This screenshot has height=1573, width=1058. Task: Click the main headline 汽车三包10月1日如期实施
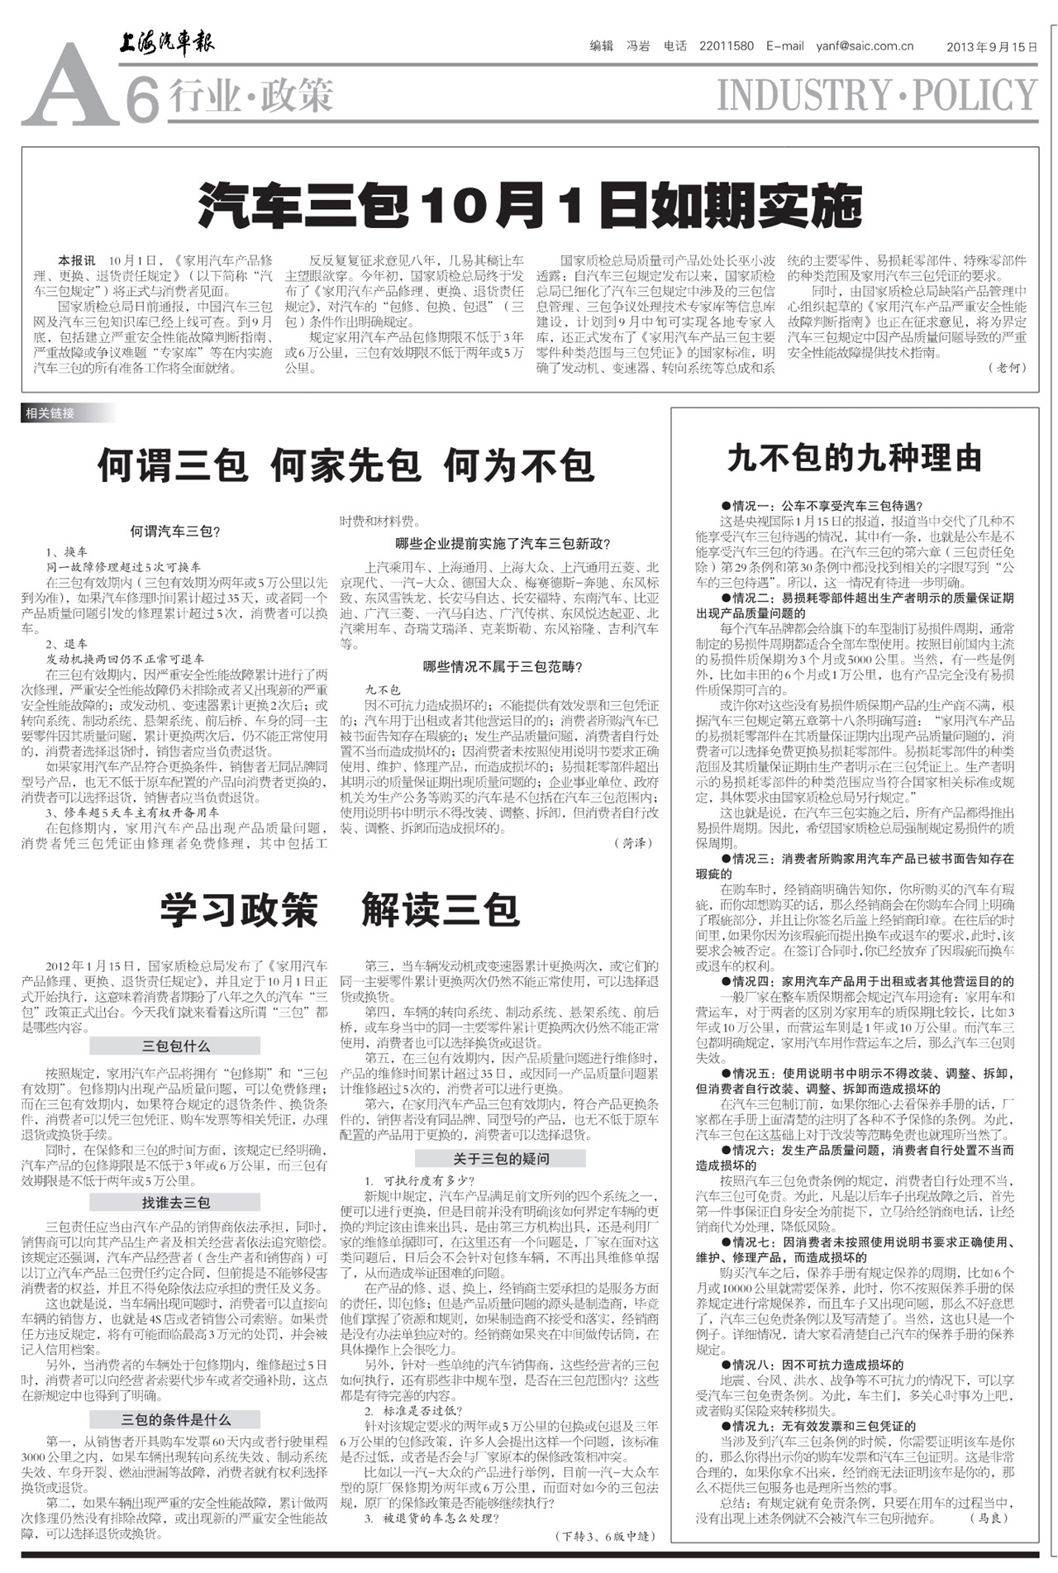[x=530, y=207]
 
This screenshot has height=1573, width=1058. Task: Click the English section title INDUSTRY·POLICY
[x=876, y=95]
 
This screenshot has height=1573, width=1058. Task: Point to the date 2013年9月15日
[x=992, y=47]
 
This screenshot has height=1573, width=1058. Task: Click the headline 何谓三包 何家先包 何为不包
[x=346, y=465]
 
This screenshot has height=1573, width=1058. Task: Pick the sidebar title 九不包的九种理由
[x=855, y=458]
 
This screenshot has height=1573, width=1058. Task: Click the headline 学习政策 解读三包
[x=340, y=910]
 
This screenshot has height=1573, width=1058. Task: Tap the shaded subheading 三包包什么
[x=175, y=1046]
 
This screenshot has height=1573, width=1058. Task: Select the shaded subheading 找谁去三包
[x=175, y=1203]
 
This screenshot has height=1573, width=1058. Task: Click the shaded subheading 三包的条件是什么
[x=175, y=1420]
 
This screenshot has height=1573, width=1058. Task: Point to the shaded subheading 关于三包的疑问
[x=502, y=1159]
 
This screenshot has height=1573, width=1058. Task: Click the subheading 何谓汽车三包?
[x=175, y=531]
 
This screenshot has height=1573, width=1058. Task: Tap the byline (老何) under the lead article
[x=1006, y=368]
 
